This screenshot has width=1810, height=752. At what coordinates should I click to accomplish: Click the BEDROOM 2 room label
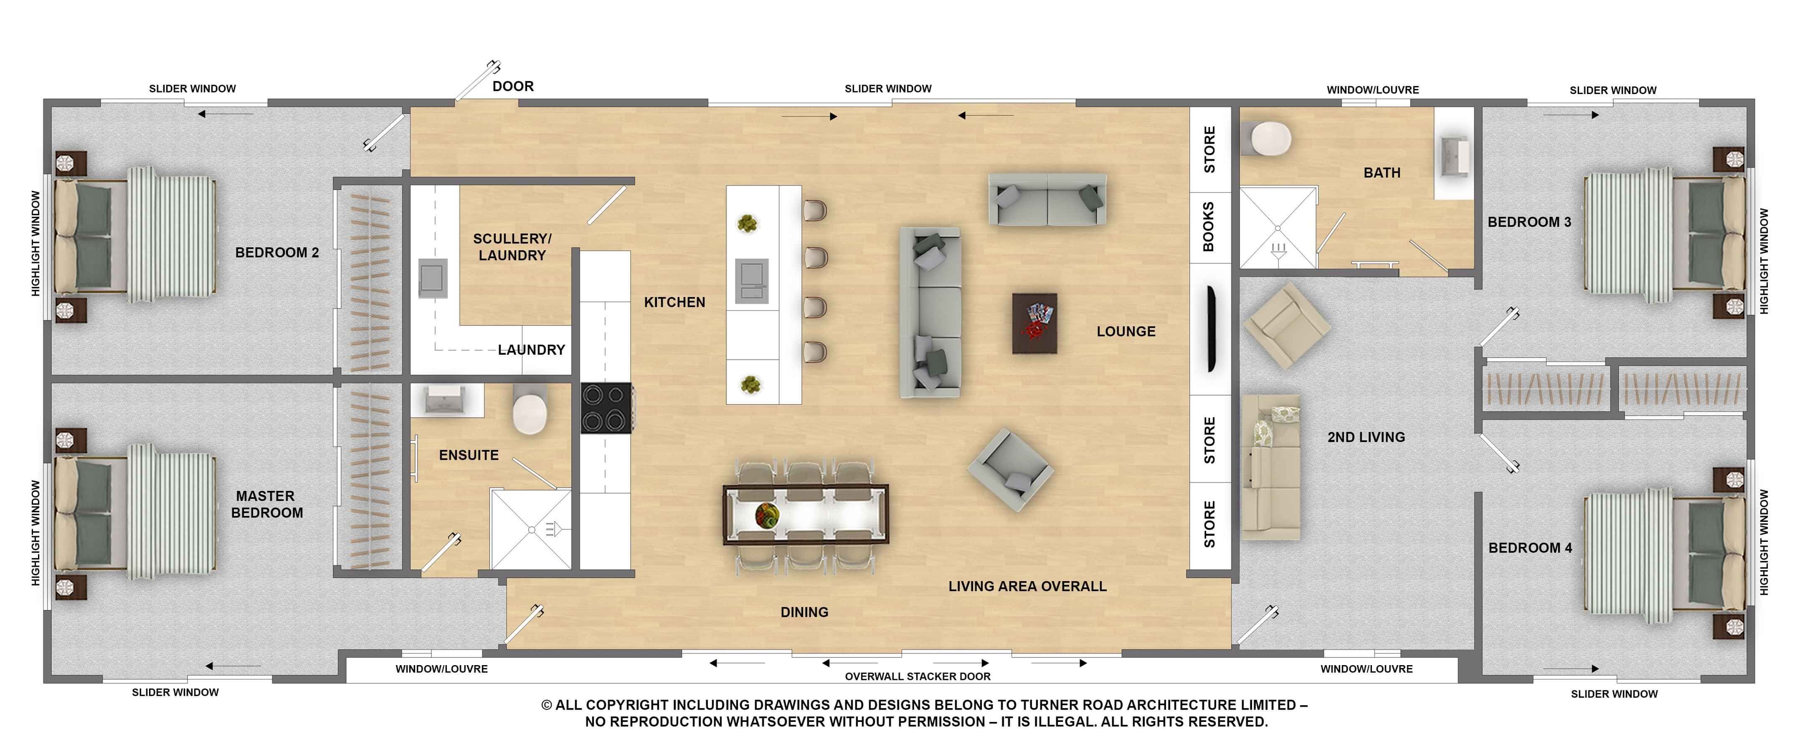(x=277, y=252)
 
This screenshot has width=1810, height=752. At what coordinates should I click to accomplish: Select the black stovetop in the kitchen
(x=606, y=408)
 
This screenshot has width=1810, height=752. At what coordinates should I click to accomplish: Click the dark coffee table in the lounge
(x=1034, y=323)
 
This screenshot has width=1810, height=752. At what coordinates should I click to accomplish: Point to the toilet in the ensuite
(x=530, y=409)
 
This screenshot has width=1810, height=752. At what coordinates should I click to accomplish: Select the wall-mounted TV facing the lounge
(x=1212, y=328)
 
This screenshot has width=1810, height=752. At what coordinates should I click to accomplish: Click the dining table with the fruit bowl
(x=805, y=514)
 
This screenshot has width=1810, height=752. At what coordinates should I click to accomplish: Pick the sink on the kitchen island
(x=752, y=281)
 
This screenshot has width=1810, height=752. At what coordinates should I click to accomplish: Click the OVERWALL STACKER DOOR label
(x=918, y=676)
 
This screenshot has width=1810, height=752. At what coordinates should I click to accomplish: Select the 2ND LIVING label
(x=1366, y=437)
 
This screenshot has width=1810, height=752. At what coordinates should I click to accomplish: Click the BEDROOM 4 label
(x=1530, y=547)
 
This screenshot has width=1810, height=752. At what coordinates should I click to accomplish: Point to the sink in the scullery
(x=433, y=278)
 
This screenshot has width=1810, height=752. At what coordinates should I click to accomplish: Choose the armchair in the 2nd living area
(x=1287, y=325)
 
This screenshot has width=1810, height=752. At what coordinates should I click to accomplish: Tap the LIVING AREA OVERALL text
(x=1027, y=586)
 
